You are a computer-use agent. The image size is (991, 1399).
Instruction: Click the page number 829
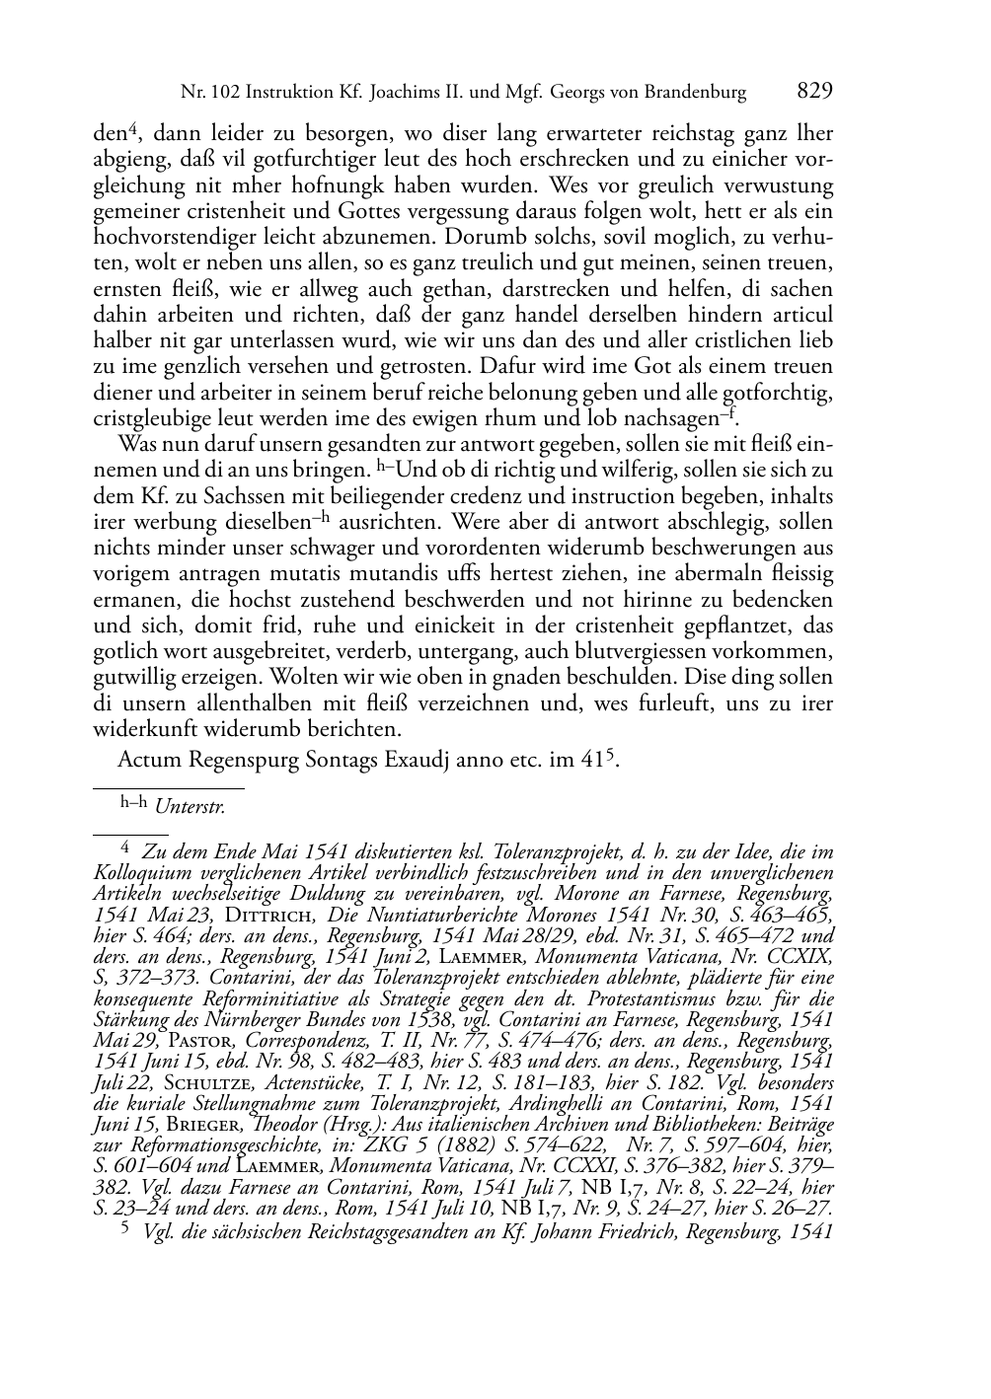click(x=814, y=92)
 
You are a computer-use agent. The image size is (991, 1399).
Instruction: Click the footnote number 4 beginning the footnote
click(x=124, y=847)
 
